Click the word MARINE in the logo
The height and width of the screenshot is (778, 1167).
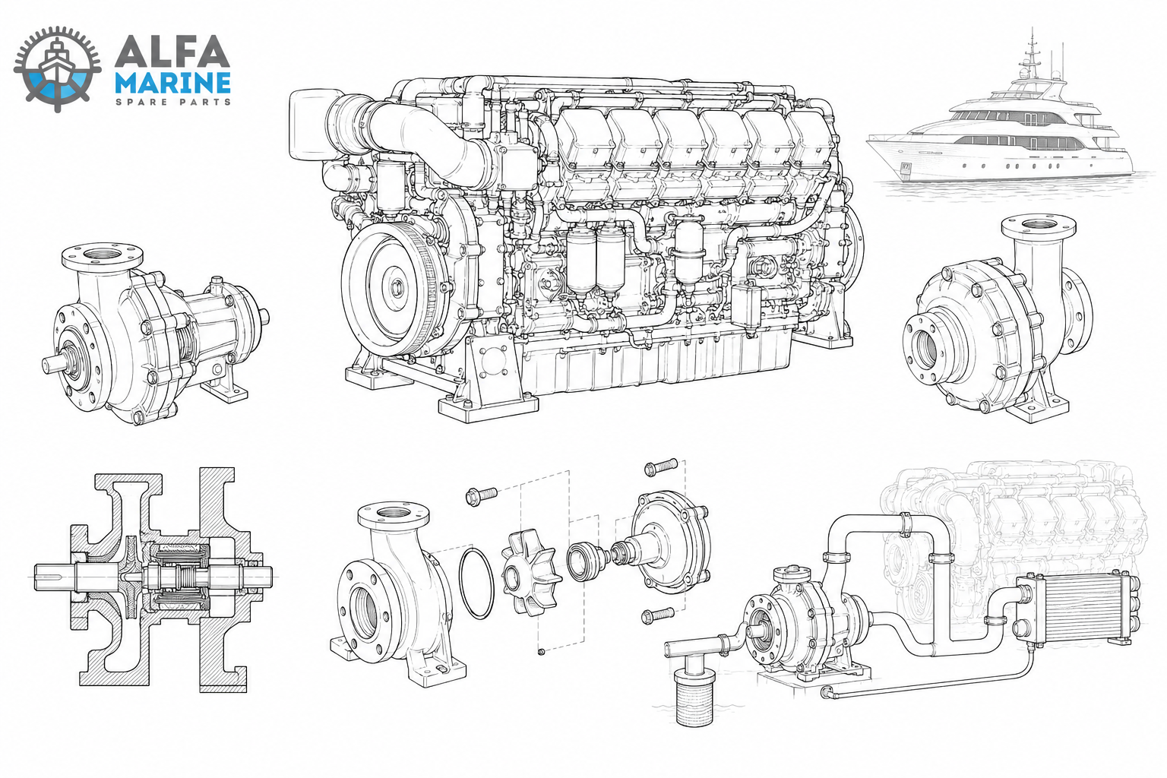click(172, 82)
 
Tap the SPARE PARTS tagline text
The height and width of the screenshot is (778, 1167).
click(172, 102)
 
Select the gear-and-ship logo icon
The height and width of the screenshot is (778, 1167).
click(57, 70)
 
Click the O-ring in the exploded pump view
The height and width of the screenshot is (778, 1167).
click(476, 583)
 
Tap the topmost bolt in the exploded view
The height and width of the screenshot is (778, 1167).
click(661, 466)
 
